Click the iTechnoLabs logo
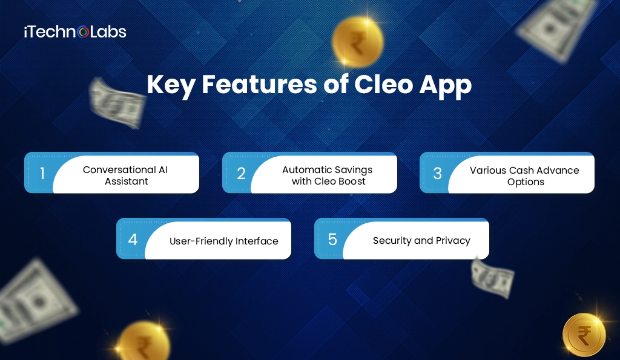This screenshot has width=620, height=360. pos(75,31)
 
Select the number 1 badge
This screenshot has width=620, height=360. pos(42,174)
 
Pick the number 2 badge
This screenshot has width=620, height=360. pos(241,174)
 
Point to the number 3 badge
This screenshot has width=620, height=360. pos(438,174)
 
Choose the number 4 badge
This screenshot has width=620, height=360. pos(133,240)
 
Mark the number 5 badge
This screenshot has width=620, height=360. pos(332,240)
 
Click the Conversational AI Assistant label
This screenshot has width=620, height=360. pos(125,175)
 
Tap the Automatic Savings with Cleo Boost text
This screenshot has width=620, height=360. pos(327,175)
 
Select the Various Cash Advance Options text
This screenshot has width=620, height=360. pos(524,175)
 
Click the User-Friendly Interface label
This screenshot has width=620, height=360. pos(224,241)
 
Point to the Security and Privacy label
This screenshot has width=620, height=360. pos(421,240)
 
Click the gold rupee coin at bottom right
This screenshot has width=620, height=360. pos(584,335)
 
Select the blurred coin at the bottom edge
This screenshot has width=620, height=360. pos(143,341)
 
